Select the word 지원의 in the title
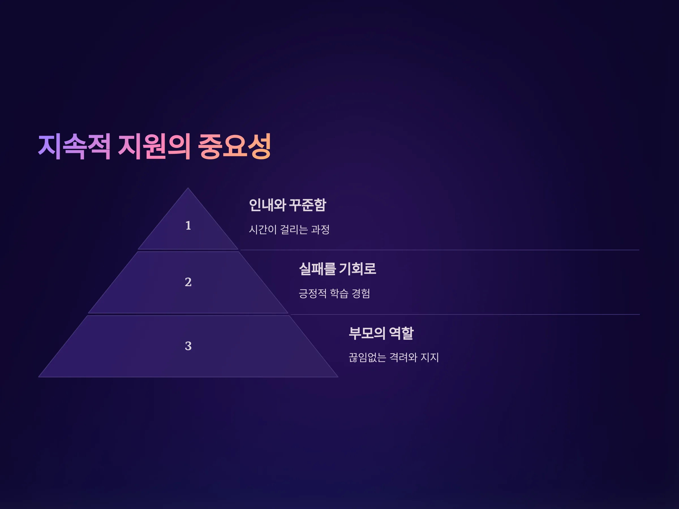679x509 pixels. tap(154, 147)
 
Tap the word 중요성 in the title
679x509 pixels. tap(235, 147)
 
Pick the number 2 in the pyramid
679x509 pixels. tap(188, 282)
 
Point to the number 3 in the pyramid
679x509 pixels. tap(188, 346)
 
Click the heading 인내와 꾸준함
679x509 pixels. tap(288, 205)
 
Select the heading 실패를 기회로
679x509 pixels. tap(337, 269)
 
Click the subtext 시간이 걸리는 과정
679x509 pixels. tap(289, 230)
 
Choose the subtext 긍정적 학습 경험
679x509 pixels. tap(334, 293)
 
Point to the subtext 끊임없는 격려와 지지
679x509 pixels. tap(394, 357)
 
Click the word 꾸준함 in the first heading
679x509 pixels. tap(308, 205)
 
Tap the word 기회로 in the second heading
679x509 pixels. tap(358, 269)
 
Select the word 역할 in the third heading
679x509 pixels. tap(401, 333)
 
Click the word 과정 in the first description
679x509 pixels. tap(321, 230)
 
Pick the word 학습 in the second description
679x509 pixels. tap(339, 293)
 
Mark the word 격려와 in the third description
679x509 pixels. tap(403, 357)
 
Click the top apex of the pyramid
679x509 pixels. tap(188, 188)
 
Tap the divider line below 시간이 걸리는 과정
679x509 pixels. tap(440, 250)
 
